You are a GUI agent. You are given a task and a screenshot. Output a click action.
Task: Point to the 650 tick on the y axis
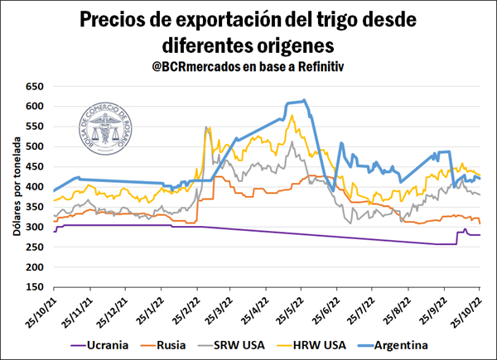(35, 86)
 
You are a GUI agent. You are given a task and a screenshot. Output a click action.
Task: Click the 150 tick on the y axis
(35, 287)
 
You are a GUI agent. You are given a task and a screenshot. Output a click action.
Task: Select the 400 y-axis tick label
(35, 187)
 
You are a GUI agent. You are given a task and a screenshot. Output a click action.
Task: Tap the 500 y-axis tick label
(35, 146)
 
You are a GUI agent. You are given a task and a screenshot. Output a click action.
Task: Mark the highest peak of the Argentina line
(305, 100)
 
